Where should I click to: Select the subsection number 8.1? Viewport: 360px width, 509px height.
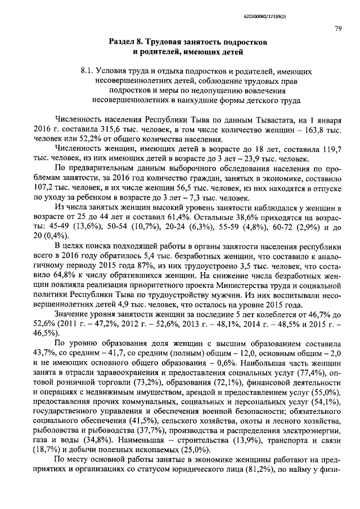pyautogui.click(x=87, y=72)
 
